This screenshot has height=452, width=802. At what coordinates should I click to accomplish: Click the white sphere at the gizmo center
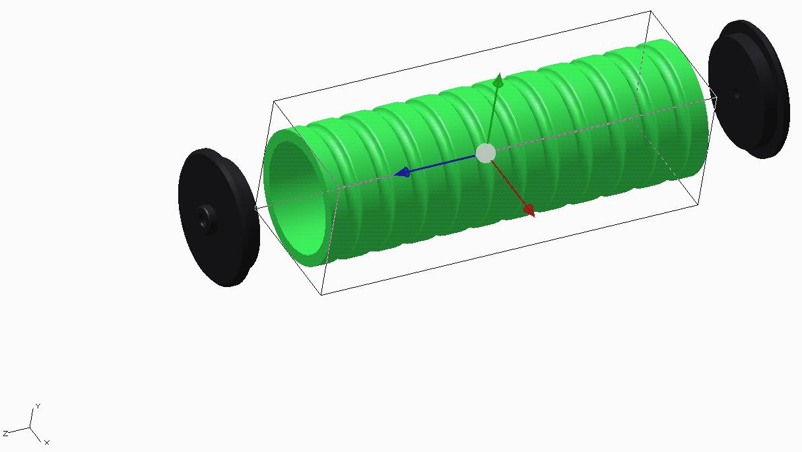[486, 153]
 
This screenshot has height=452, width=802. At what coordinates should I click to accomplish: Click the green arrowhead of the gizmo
[498, 80]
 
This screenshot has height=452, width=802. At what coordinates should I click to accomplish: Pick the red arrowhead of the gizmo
[529, 210]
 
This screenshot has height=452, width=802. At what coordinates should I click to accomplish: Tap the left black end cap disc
[218, 217]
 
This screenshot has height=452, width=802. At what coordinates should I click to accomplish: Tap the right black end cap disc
[749, 89]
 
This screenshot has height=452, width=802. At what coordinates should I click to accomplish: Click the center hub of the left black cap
[205, 216]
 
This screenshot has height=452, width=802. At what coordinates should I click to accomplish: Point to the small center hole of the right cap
[737, 95]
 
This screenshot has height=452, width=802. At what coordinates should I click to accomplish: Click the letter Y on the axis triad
[38, 406]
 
